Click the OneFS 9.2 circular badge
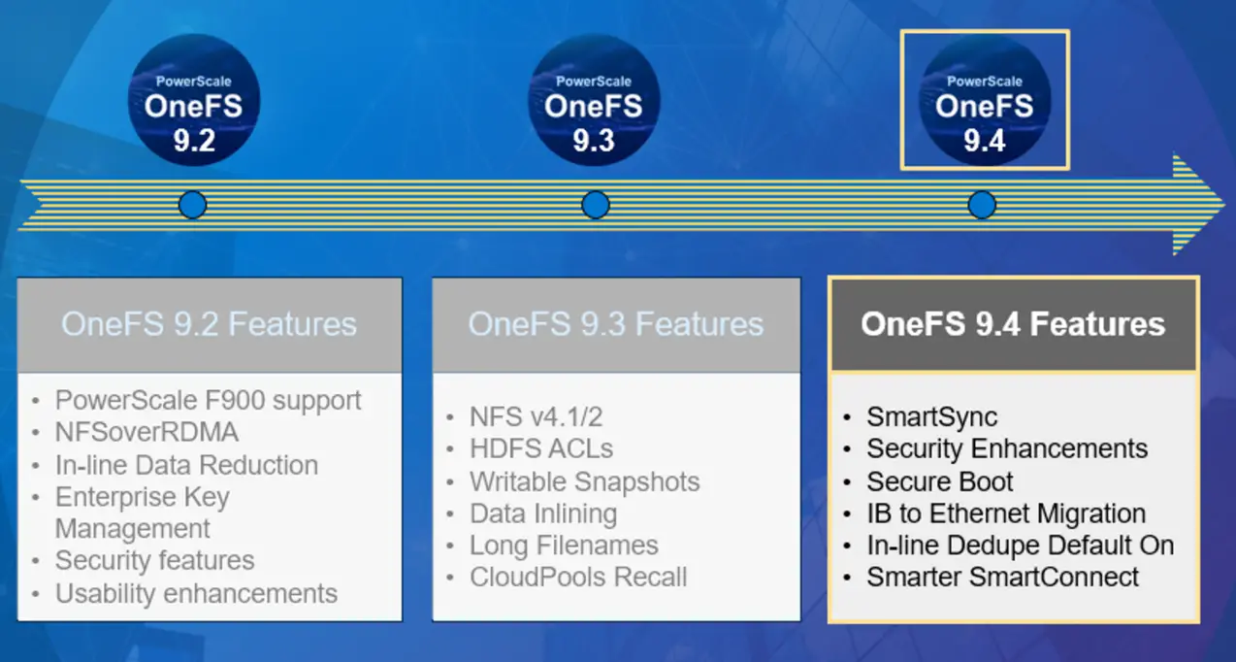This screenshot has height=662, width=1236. tap(194, 100)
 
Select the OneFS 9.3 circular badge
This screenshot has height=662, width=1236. tap(594, 100)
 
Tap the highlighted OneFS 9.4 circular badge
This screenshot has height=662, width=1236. tap(985, 100)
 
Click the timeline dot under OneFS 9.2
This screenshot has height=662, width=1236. tap(193, 205)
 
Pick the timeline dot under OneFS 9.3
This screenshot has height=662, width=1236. tap(595, 205)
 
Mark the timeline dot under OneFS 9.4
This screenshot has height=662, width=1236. tap(982, 205)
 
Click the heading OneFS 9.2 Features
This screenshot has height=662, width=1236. tap(209, 324)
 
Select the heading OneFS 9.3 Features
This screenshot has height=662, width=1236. tap(616, 324)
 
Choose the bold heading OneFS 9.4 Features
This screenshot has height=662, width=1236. tap(1013, 323)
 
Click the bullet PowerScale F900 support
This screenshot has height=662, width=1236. tap(208, 400)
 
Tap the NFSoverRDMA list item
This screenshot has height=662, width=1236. tap(146, 432)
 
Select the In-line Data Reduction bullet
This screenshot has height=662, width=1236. tap(186, 465)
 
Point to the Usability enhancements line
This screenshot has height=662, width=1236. tap(196, 593)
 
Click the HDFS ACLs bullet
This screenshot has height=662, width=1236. tap(540, 448)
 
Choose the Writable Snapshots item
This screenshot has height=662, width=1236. tap(584, 481)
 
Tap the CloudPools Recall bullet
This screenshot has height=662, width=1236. tap(578, 577)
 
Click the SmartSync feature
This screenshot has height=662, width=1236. tap(931, 417)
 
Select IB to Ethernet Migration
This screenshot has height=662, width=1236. tap(1006, 513)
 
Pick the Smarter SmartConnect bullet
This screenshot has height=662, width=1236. tap(1003, 577)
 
